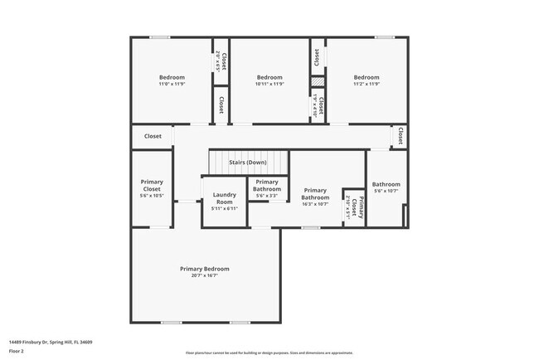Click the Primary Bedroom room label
click(x=205, y=269)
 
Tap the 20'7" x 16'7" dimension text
click(x=205, y=276)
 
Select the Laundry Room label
click(x=225, y=199)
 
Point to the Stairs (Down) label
click(x=248, y=163)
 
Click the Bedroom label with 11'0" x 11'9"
click(x=172, y=77)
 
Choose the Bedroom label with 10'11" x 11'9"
click(x=269, y=77)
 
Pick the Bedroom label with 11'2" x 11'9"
click(x=366, y=77)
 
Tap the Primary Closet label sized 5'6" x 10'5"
click(x=152, y=186)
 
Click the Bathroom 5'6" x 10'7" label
click(x=386, y=185)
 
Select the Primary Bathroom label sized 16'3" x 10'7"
click(x=315, y=194)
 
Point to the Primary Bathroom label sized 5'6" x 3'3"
click(x=267, y=186)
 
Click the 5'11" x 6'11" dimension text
click(x=225, y=209)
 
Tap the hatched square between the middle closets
click(x=317, y=81)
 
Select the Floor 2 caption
click(x=17, y=351)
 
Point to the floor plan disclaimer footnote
click(x=269, y=353)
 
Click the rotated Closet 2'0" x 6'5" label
click(x=221, y=61)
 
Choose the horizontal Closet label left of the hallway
click(x=153, y=136)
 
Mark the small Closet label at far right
click(x=400, y=135)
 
